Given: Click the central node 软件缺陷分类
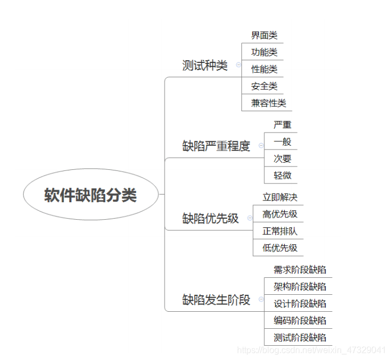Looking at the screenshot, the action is coord(91,195).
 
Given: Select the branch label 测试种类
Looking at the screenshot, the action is coord(205,66).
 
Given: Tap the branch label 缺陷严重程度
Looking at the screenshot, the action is coord(216,146).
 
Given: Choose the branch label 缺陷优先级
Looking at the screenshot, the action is coord(211,218).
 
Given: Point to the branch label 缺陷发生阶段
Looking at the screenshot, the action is coord(216,300).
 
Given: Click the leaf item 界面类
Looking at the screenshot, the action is coord(264,36).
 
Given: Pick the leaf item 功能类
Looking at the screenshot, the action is coord(264,53).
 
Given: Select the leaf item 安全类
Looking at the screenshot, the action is coord(264,86).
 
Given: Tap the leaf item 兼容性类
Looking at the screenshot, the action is coord(268,103).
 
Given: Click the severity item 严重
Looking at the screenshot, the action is coord(282,125).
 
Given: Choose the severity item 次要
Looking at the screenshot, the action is coord(282,159).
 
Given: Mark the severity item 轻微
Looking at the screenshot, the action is coord(282,176).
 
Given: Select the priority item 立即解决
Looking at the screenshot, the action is coord(280,197).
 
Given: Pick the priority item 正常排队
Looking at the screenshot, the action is coord(280,231).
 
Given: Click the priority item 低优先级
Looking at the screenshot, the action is coord(280,248).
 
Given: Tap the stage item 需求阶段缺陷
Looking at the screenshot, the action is coord(300,270).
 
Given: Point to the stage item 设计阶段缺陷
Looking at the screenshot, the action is coord(300,304).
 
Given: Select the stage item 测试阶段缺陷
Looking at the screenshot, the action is coord(300,338).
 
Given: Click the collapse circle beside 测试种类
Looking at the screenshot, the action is coord(238,65).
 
